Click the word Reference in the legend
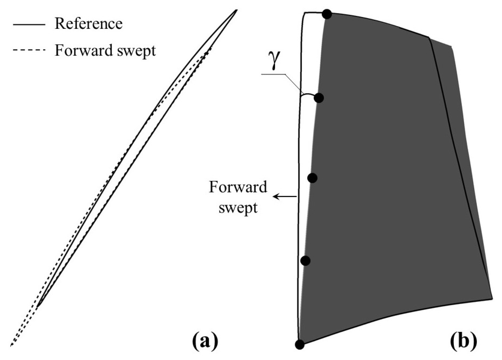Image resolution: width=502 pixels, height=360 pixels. (x=89, y=23)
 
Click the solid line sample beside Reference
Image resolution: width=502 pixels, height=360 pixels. (x=29, y=24)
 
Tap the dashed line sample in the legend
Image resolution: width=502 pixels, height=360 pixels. (x=29, y=51)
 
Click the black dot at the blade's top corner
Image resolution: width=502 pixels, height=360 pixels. (x=327, y=14)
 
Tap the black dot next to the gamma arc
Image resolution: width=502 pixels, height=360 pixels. (x=319, y=98)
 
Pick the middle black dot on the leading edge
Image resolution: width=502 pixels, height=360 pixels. (x=312, y=178)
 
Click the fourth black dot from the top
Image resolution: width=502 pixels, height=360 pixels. (x=305, y=261)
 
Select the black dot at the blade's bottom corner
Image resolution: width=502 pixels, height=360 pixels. (x=300, y=345)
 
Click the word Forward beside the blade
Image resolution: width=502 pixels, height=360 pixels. (x=238, y=187)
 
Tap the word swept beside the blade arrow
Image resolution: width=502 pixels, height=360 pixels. (x=238, y=207)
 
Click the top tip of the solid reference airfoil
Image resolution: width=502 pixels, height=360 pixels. (x=236, y=10)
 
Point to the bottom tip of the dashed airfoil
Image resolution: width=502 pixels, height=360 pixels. (x=12, y=345)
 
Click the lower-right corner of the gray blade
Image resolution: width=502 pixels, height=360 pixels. (x=492, y=299)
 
